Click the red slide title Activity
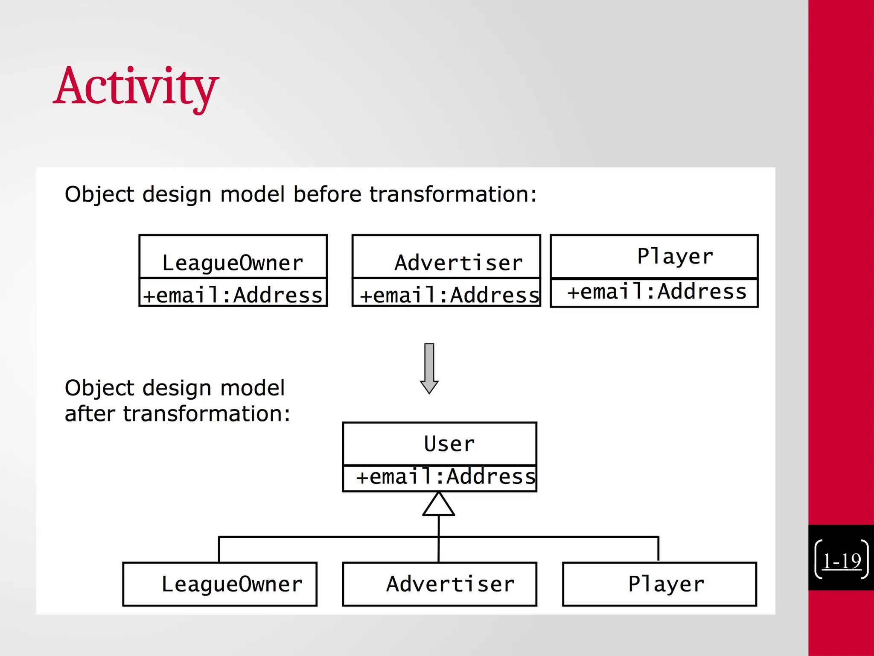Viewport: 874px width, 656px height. [x=136, y=88]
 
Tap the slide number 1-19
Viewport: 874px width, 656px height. [x=841, y=561]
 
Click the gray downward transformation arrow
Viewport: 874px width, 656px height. [x=429, y=368]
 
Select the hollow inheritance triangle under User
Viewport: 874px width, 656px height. [x=439, y=505]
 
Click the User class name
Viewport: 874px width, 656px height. [x=449, y=444]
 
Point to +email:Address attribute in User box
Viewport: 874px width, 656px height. [x=446, y=477]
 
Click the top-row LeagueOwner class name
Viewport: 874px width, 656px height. [x=233, y=263]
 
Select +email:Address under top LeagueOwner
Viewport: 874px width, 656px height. [x=233, y=295]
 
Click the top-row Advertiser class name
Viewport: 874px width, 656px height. [x=459, y=262]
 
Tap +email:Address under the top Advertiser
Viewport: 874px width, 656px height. [x=449, y=295]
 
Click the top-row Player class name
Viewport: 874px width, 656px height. [x=675, y=256]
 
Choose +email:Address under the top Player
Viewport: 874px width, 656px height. [x=657, y=292]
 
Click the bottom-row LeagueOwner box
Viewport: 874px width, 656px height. [x=220, y=584]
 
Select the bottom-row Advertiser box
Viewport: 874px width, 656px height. [x=440, y=584]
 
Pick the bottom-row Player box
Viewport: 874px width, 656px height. [x=660, y=584]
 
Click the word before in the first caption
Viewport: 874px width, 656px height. [x=327, y=194]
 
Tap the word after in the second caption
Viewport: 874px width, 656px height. [x=90, y=414]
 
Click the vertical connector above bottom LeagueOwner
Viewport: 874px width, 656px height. [x=219, y=550]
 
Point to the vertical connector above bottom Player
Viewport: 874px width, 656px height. [x=658, y=549]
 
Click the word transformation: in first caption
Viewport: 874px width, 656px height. [x=452, y=194]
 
